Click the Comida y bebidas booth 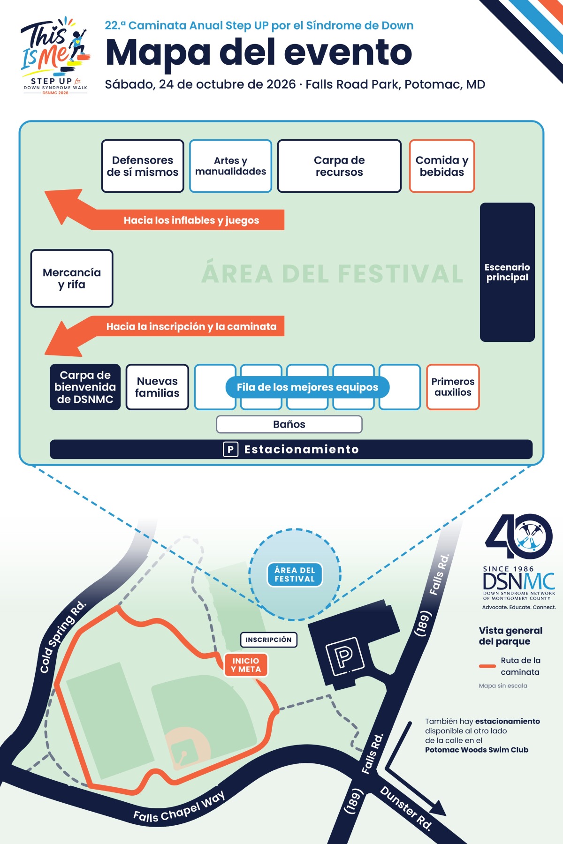442,166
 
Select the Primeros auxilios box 453,387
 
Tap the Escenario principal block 507,272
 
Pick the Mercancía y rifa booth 72,279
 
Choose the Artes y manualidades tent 230,166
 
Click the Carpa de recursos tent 339,166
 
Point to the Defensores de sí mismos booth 143,166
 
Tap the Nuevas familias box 157,387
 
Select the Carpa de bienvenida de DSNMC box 85,387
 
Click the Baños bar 289,424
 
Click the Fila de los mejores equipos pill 307,387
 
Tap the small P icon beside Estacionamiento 230,449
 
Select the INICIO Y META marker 246,665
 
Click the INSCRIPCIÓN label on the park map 268,640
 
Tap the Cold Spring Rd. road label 63,636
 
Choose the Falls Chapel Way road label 179,806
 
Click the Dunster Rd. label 406,807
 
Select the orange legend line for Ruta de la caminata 487,666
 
